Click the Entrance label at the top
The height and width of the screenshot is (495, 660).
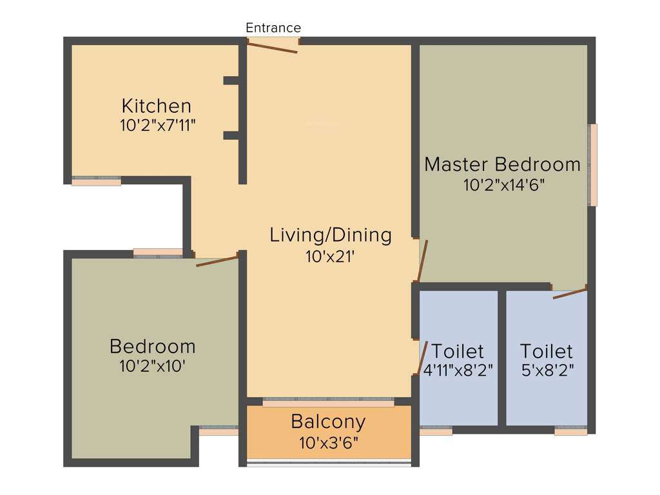273,28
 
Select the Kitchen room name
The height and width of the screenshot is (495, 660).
157,105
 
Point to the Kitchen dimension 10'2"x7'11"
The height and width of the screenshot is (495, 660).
158,125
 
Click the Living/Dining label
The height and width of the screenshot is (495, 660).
330,235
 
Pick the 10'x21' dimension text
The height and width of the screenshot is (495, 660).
330,256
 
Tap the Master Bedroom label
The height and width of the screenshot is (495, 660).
502,164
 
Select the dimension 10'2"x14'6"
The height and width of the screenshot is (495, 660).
504,185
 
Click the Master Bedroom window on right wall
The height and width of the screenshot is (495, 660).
593,165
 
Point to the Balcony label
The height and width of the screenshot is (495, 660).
328,422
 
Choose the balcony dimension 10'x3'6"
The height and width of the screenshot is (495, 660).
329,443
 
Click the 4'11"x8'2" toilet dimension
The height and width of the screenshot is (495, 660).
458,371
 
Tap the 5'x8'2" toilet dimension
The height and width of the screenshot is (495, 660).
547,371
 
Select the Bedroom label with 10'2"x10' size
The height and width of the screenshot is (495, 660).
153,346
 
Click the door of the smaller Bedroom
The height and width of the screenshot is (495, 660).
217,260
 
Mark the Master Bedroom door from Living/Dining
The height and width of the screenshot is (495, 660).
422,261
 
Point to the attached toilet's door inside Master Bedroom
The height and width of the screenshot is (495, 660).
570,294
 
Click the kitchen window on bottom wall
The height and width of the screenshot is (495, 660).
96,181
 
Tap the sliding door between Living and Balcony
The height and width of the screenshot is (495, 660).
328,402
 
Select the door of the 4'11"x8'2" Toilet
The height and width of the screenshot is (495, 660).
423,357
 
